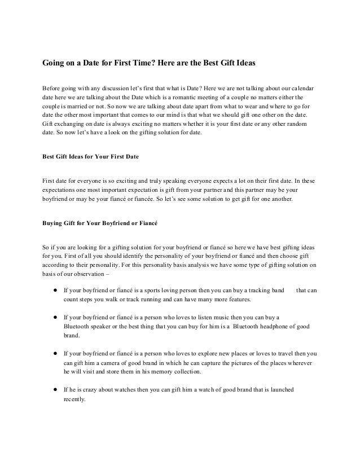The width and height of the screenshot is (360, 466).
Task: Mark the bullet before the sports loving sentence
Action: pos(55,291)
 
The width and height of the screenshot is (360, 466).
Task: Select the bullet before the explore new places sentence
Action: pos(55,353)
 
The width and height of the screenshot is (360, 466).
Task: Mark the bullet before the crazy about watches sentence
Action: pos(55,390)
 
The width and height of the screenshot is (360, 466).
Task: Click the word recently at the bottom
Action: pos(74,399)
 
